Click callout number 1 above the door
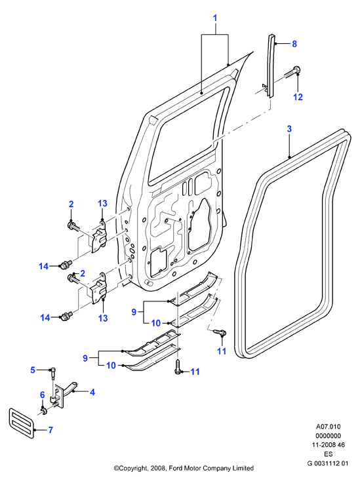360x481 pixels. click(215, 18)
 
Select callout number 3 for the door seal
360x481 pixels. click(289, 129)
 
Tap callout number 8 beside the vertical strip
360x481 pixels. click(294, 44)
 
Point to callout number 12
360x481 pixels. click(298, 97)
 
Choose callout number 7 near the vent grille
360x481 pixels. click(50, 430)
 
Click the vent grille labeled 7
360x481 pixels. click(22, 423)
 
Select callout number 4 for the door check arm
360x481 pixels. click(92, 392)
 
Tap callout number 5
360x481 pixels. click(33, 370)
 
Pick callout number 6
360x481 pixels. click(43, 395)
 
